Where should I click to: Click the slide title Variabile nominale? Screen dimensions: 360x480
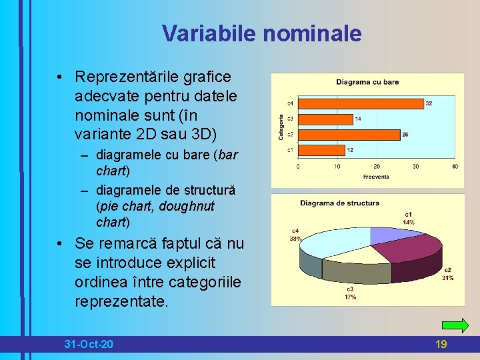261,33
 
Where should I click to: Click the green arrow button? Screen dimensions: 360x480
455,326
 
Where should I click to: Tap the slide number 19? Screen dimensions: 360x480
441,344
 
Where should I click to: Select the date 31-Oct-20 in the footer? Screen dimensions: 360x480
89,344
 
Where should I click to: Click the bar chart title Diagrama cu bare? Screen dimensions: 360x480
367,82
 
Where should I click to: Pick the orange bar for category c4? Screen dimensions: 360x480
360,103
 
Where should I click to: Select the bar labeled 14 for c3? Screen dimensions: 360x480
325,119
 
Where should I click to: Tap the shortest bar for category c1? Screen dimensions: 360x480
321,150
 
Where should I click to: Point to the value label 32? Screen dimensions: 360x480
429,103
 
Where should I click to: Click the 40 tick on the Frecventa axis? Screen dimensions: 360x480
455,166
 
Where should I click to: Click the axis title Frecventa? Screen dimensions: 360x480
376,177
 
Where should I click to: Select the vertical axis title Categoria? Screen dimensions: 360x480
281,127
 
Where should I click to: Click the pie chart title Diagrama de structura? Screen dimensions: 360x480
339,203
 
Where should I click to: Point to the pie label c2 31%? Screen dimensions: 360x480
448,274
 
